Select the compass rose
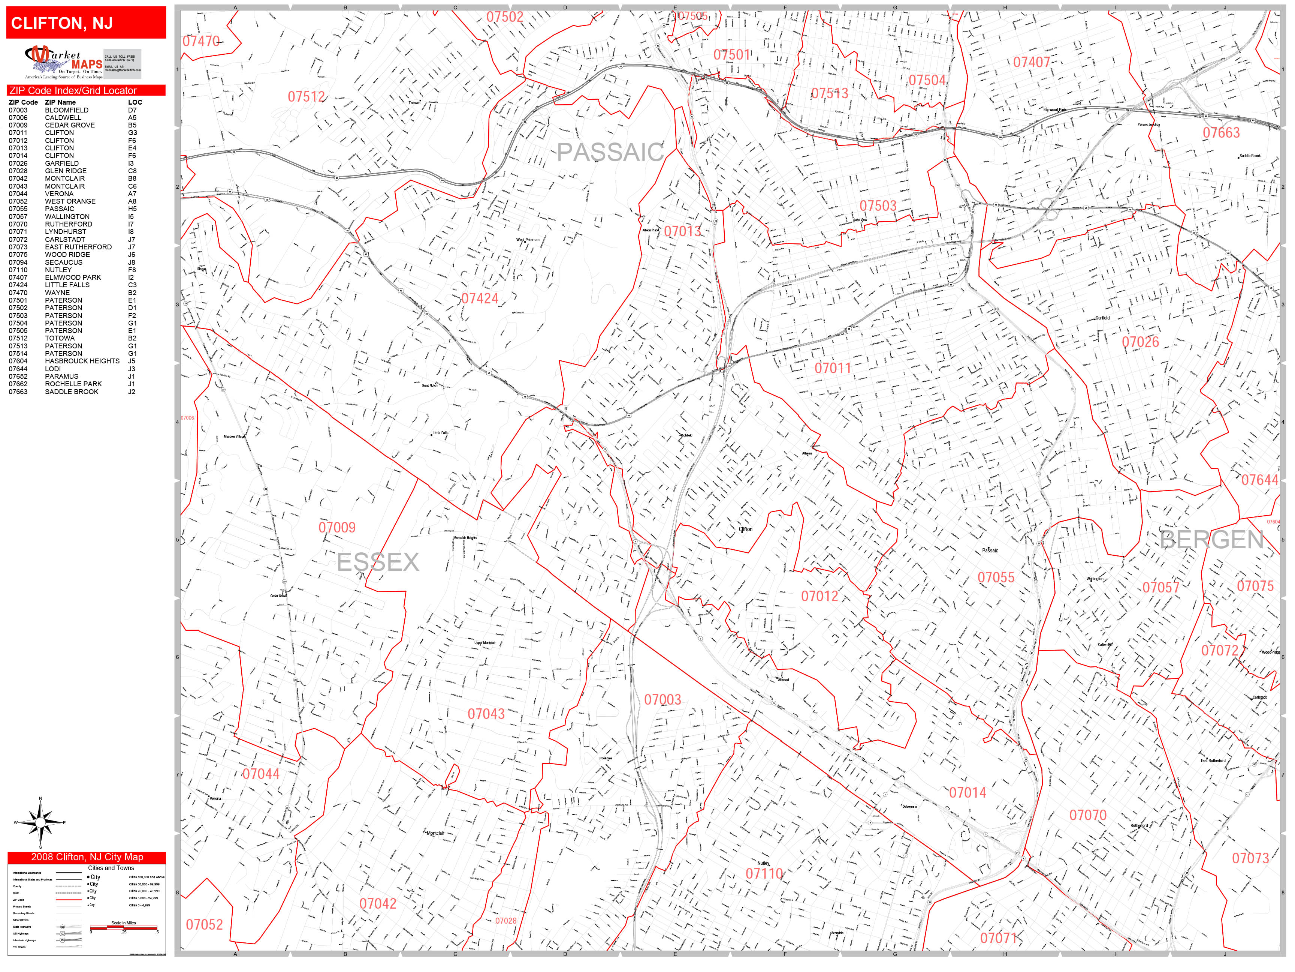pyautogui.click(x=40, y=823)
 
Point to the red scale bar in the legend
pyautogui.click(x=124, y=927)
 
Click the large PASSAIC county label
pyautogui.click(x=609, y=152)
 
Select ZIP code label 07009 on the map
pyautogui.click(x=336, y=527)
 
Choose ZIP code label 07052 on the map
pyautogui.click(x=204, y=924)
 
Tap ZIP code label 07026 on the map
pyautogui.click(x=1140, y=342)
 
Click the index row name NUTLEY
pyautogui.click(x=58, y=270)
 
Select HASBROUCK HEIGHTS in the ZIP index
pyautogui.click(x=82, y=361)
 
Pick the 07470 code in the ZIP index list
pyautogui.click(x=18, y=293)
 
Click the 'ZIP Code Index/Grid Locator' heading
pyautogui.click(x=73, y=91)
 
